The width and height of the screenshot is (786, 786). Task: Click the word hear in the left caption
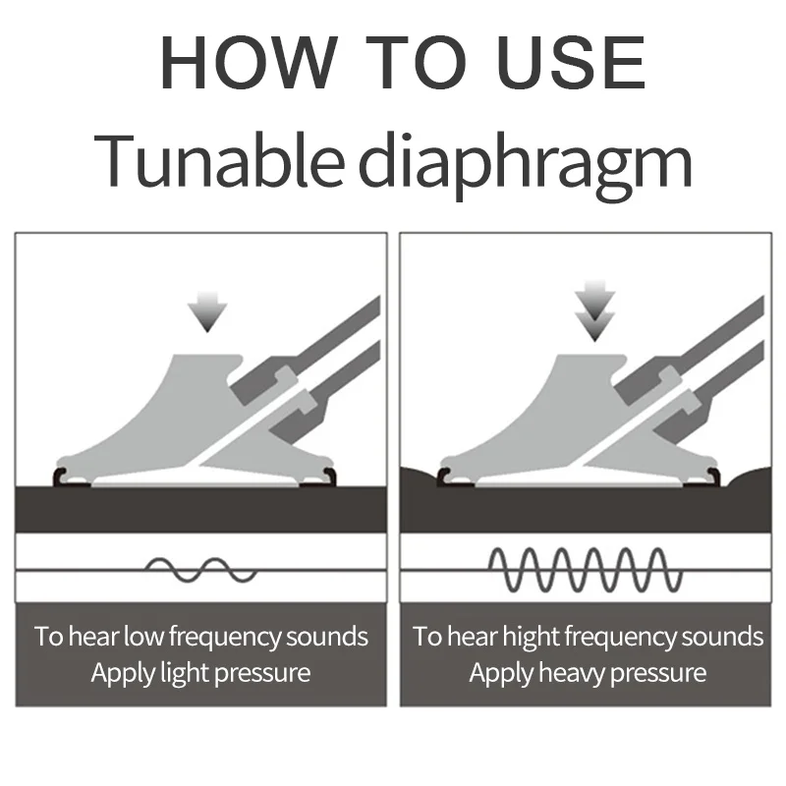(94, 637)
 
